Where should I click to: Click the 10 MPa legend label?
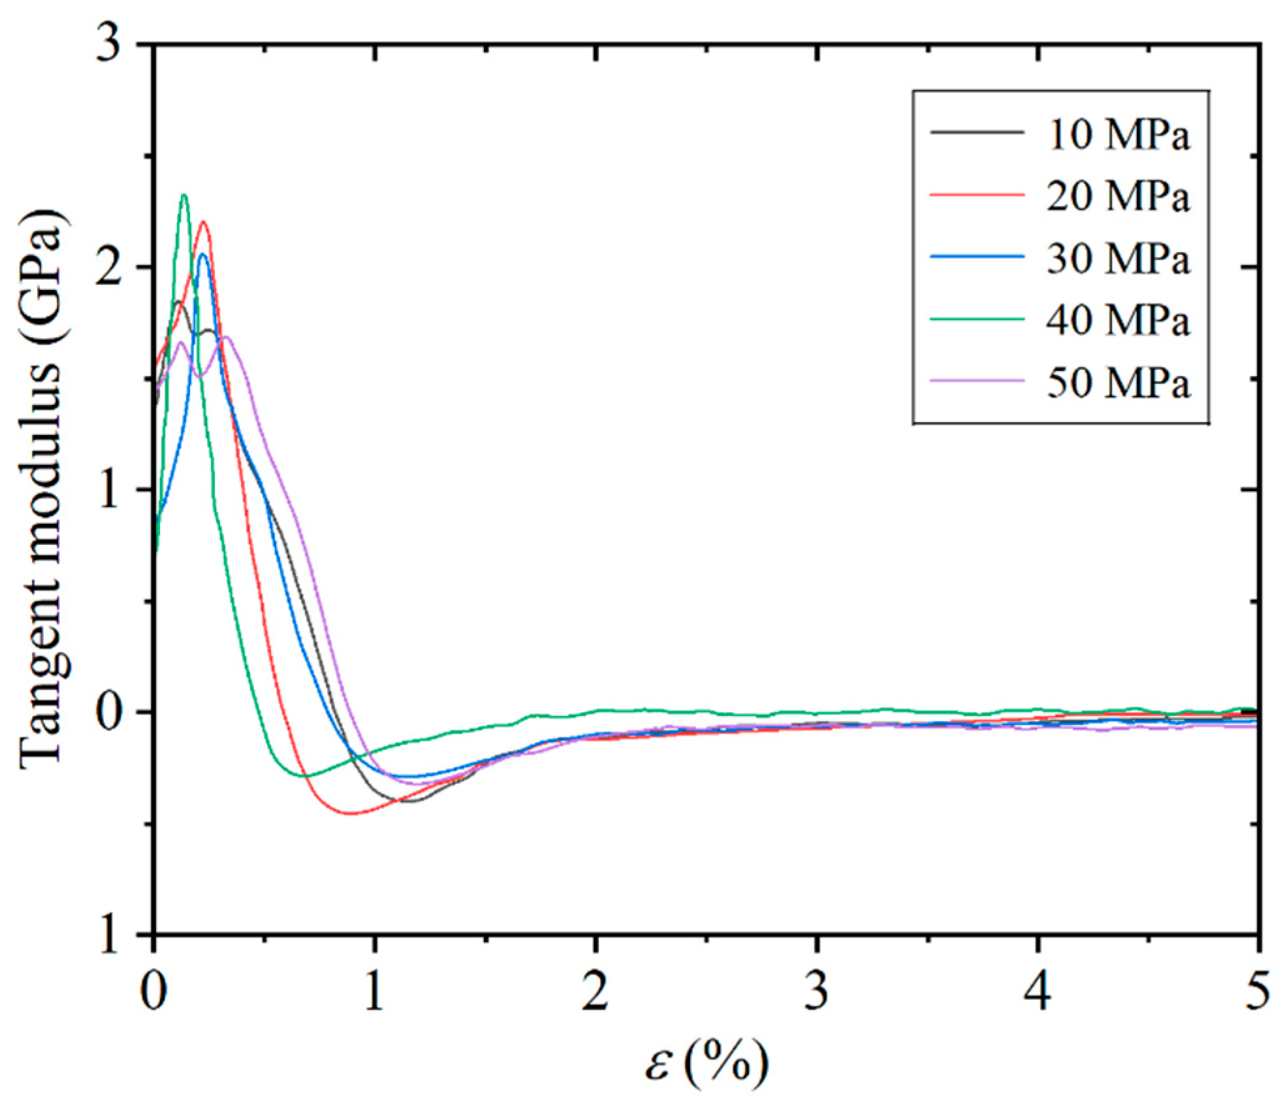click(1118, 135)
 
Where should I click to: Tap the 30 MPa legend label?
click(1118, 258)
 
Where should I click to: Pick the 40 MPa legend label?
click(1118, 320)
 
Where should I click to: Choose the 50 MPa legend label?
click(1118, 382)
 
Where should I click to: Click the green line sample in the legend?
click(977, 319)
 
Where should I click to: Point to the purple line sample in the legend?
click(977, 381)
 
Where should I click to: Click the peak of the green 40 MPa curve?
click(184, 195)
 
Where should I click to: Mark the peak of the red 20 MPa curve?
click(204, 222)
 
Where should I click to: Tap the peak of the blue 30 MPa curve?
click(202, 254)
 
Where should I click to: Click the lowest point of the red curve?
click(351, 813)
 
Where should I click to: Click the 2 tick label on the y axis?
click(110, 267)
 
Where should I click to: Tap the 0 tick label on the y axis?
click(110, 712)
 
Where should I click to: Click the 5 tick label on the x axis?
click(1258, 990)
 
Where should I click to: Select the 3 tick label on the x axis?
click(816, 990)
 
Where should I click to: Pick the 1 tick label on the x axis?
click(373, 990)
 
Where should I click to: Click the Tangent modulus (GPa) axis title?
click(42, 490)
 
